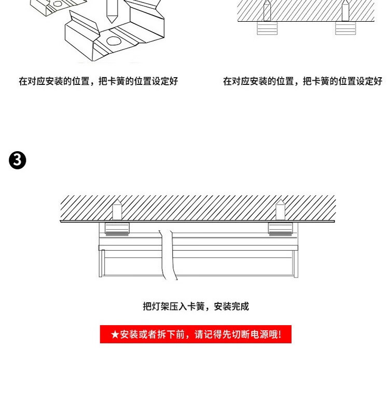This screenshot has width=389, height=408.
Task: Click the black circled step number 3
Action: point(17,161)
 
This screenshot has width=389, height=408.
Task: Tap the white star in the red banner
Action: point(115,334)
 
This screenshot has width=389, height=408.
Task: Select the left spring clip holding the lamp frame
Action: point(117,229)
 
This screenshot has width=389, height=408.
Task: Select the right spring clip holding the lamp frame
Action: point(280,229)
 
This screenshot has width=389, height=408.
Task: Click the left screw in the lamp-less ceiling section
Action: point(267,11)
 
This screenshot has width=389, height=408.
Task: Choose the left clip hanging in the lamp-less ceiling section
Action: point(267,28)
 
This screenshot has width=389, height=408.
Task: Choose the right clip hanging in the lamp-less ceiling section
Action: point(345,28)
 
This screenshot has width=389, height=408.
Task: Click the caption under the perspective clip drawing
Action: point(98,81)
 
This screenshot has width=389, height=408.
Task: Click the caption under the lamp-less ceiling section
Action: point(302,81)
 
